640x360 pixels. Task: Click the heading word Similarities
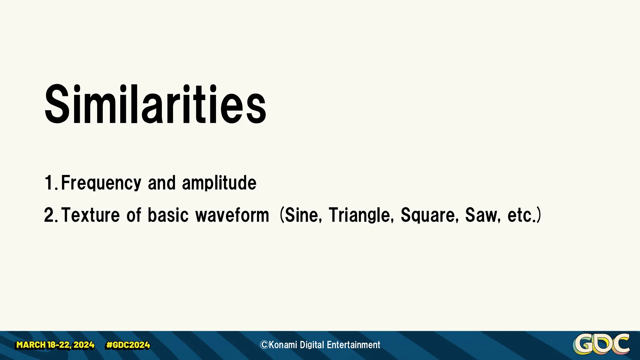pos(155,105)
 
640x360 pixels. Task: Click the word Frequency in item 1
pos(101,183)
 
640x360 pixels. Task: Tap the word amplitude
pos(219,183)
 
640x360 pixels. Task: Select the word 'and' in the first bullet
pos(162,183)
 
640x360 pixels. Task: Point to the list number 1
pos(49,183)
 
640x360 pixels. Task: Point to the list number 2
pos(49,215)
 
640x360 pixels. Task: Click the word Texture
pos(91,215)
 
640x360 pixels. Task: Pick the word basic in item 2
pos(168,215)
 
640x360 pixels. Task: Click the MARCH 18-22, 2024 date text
pos(55,345)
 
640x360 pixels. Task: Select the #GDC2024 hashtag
pos(128,345)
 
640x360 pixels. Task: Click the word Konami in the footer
pos(282,345)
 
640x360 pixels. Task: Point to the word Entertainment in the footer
pos(353,345)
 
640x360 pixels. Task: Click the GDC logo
pos(601,344)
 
